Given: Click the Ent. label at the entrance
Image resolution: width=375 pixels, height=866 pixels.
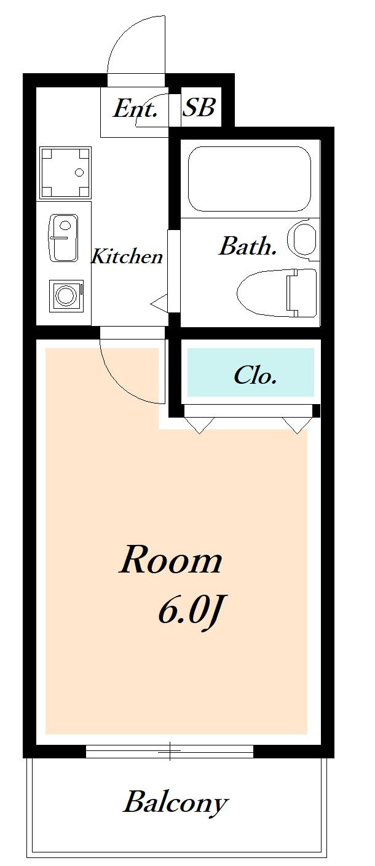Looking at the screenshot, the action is coord(135,109).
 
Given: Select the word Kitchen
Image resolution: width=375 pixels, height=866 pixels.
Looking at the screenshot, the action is coord(127,256).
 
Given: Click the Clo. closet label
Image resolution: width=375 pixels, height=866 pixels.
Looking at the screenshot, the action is coord(255,375).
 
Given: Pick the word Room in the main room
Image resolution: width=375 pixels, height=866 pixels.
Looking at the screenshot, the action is coord(170,560).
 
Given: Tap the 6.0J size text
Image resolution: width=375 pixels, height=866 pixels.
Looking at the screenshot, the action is coord(191,611).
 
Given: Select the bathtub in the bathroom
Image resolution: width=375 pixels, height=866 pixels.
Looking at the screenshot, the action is coord(250,178).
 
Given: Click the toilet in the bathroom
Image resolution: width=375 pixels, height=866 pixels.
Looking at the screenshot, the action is coord(277,292).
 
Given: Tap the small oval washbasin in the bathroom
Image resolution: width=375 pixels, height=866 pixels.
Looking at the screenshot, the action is coord(302,240).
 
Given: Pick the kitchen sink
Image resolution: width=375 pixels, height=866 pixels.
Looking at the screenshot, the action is coord(64,238).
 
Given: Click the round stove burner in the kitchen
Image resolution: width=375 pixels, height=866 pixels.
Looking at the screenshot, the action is coord(66,296).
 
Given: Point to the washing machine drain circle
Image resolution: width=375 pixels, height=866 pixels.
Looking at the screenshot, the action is coord(79,172).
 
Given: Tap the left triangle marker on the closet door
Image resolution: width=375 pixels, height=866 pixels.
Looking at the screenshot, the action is coord(199,425).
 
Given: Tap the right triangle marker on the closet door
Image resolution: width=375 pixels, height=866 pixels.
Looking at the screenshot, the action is coord(297,425).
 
